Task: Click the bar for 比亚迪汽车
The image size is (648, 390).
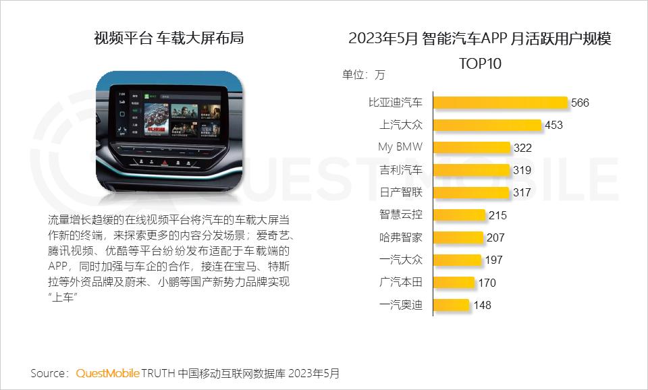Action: (500, 103)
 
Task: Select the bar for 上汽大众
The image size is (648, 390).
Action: (487, 125)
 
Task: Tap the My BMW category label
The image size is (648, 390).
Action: (400, 148)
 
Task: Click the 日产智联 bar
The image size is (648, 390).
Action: (470, 192)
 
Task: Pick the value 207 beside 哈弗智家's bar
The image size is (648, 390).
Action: (495, 238)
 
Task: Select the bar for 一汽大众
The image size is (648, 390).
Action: (457, 260)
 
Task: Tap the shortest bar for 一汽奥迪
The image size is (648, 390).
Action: (451, 305)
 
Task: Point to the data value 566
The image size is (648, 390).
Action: (580, 103)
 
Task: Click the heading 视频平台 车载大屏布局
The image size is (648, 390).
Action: (169, 38)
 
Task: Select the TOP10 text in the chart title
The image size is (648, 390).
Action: (480, 63)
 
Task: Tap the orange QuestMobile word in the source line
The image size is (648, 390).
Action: (108, 373)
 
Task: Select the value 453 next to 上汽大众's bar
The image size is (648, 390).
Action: (553, 126)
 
